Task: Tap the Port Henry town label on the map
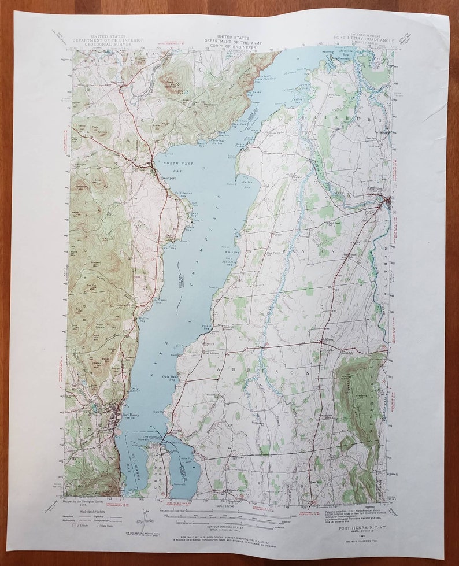pyautogui.click(x=129, y=414)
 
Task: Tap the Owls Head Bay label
pyautogui.click(x=169, y=378)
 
